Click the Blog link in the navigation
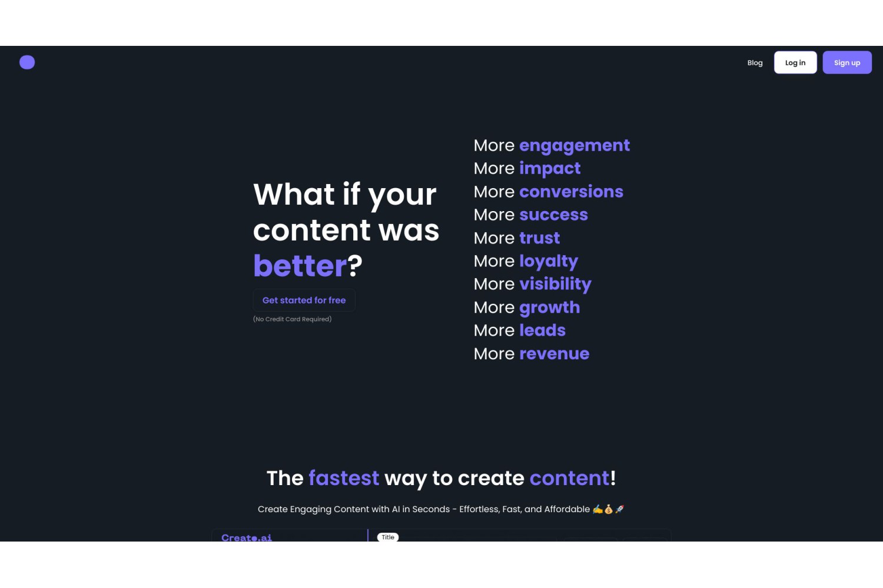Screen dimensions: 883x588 point(755,62)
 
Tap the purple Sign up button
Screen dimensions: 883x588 point(847,62)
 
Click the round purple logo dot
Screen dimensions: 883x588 point(27,62)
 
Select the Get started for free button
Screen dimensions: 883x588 point(304,300)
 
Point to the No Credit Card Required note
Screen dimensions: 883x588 point(292,319)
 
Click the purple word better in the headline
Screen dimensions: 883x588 point(300,266)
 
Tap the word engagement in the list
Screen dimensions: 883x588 point(575,146)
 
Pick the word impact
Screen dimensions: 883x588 point(549,169)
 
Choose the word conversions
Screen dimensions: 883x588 point(571,192)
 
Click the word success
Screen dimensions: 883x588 point(553,215)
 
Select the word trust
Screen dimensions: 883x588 point(539,238)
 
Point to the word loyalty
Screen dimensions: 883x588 point(548,261)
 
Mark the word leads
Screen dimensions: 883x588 point(542,330)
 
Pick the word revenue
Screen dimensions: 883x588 point(554,353)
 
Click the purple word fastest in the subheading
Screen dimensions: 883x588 point(344,478)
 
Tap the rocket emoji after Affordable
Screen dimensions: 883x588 point(619,509)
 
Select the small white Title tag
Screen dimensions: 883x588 point(388,537)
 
